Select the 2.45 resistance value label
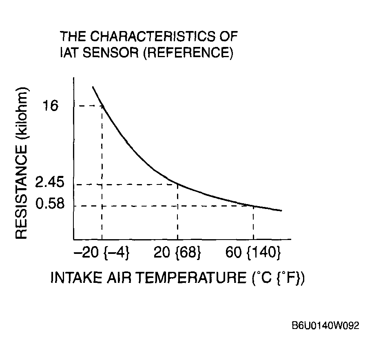pyautogui.click(x=50, y=182)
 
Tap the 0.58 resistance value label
pyautogui.click(x=50, y=203)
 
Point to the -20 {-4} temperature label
pyautogui.click(x=102, y=253)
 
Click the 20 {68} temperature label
pyautogui.click(x=177, y=253)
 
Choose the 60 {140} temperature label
pyautogui.click(x=253, y=253)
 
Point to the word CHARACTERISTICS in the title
pyautogui.click(x=153, y=36)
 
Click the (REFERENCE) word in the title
pyautogui.click(x=187, y=53)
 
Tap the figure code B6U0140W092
pyautogui.click(x=325, y=326)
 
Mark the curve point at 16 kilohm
pyautogui.click(x=102, y=106)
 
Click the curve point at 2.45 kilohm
pyautogui.click(x=178, y=184)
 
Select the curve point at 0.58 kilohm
pyautogui.click(x=253, y=206)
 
